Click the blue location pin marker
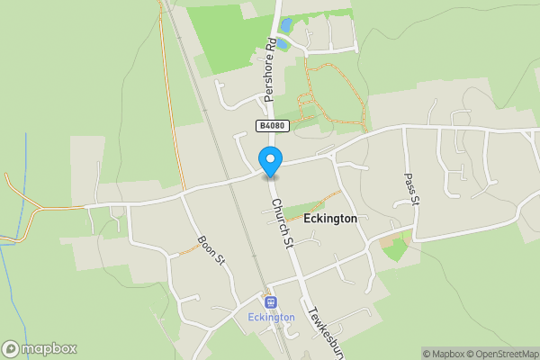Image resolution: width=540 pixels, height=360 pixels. [270, 160]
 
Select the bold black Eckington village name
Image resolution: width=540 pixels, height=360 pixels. [330, 219]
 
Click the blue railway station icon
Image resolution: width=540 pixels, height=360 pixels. [270, 301]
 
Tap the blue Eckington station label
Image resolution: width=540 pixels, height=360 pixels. [270, 317]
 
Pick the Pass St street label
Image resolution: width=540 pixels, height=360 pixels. [410, 190]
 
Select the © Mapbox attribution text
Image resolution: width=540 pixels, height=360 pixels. [445, 354]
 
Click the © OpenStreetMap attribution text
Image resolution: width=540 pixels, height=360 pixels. [504, 354]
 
